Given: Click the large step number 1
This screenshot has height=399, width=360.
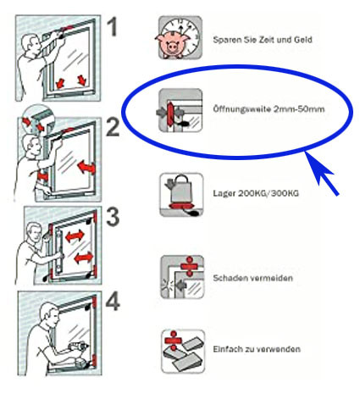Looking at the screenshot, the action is tap(112, 26).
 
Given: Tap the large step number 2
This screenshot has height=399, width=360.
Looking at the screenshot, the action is tap(113, 127).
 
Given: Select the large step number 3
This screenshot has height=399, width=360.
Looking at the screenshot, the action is tap(113, 217).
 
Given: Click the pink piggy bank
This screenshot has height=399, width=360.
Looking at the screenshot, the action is tap(171, 45).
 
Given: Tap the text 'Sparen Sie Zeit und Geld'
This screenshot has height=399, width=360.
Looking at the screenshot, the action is tap(263, 40).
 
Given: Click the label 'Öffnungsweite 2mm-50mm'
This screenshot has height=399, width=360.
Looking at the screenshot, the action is tap(269, 109).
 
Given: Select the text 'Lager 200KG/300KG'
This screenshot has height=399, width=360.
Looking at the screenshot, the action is tap(256, 193).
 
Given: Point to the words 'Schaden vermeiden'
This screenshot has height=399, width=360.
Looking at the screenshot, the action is tap(252, 278).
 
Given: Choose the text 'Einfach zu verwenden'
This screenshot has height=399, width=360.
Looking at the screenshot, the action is tap(257, 349).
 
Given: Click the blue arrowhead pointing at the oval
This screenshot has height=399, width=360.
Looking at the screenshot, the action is tap(318, 167).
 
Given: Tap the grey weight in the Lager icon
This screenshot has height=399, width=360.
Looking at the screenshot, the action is tap(180, 190).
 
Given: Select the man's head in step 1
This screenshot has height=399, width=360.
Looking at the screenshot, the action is tap(30, 45).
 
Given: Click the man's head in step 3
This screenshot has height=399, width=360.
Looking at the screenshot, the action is tap(35, 232).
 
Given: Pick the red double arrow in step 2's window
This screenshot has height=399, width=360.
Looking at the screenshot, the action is tap(86, 167).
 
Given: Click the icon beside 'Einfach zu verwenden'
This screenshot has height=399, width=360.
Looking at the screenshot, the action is tap(183, 351).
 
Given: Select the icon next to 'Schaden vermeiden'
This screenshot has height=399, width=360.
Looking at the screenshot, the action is tap(182, 277).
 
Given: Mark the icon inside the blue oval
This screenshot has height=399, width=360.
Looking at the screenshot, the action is tap(180, 110).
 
